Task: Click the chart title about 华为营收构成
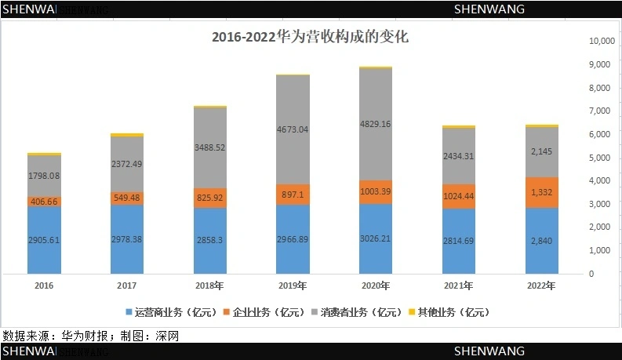point(311,37)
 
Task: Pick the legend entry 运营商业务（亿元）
point(169,312)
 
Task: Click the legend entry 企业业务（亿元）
point(261,312)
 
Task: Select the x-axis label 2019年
point(293,285)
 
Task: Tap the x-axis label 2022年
point(542,285)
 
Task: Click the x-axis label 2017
point(127,285)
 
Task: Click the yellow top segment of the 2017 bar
point(127,135)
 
